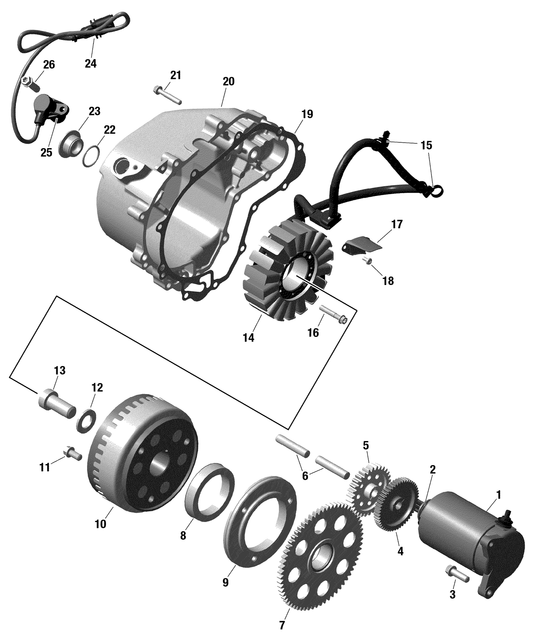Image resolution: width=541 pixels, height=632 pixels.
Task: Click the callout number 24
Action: tap(91, 63)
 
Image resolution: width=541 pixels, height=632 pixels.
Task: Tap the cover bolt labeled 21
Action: tap(167, 95)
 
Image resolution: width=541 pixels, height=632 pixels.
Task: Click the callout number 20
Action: tap(228, 81)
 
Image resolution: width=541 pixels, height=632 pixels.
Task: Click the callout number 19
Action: tap(307, 114)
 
